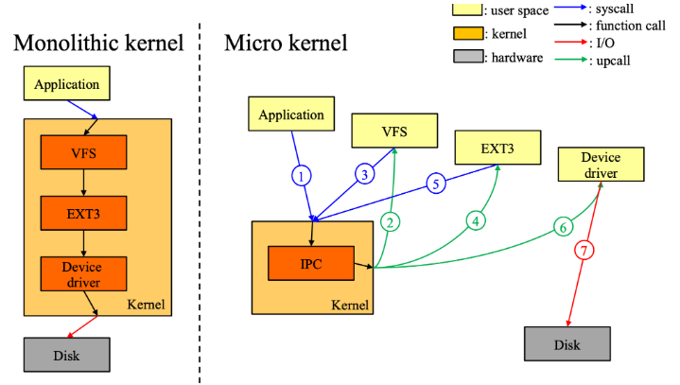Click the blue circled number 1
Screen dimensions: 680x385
pos(301,176)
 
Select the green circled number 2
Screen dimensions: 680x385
pos(390,222)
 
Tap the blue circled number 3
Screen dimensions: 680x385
pos(365,174)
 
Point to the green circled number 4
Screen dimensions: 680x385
pos(476,221)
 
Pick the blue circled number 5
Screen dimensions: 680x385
pos(436,184)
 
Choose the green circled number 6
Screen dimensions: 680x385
pos(563,227)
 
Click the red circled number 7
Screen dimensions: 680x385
pos(584,251)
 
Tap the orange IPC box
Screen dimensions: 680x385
pos(311,264)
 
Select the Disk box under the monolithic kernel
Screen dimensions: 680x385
pos(67,355)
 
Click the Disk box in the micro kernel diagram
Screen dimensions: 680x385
pos(567,344)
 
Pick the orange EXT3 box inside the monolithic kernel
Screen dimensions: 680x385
pos(83,214)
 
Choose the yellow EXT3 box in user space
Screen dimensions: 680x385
pos(497,148)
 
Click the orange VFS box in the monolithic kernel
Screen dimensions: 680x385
pos(83,152)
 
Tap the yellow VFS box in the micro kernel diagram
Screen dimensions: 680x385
pos(394,131)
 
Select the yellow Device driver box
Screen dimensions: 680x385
pos(602,165)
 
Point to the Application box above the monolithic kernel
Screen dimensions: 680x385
pos(67,83)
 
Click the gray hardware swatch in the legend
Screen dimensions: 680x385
pos(468,57)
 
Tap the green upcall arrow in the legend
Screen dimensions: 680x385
pos(571,59)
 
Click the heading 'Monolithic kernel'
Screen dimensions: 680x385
pos(99,44)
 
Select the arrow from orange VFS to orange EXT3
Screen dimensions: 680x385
pos(83,183)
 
